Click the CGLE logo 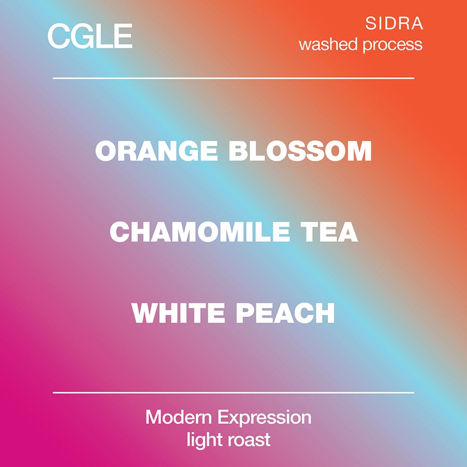(90, 36)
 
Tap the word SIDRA (394, 23)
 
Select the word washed (328, 44)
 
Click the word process (393, 45)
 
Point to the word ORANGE (156, 151)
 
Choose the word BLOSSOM (300, 151)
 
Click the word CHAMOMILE (200, 232)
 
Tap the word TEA (329, 232)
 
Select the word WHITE (178, 313)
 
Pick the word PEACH (285, 313)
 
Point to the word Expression (265, 418)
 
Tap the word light (204, 440)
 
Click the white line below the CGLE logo (233, 78)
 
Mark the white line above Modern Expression (233, 393)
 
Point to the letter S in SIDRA (371, 23)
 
